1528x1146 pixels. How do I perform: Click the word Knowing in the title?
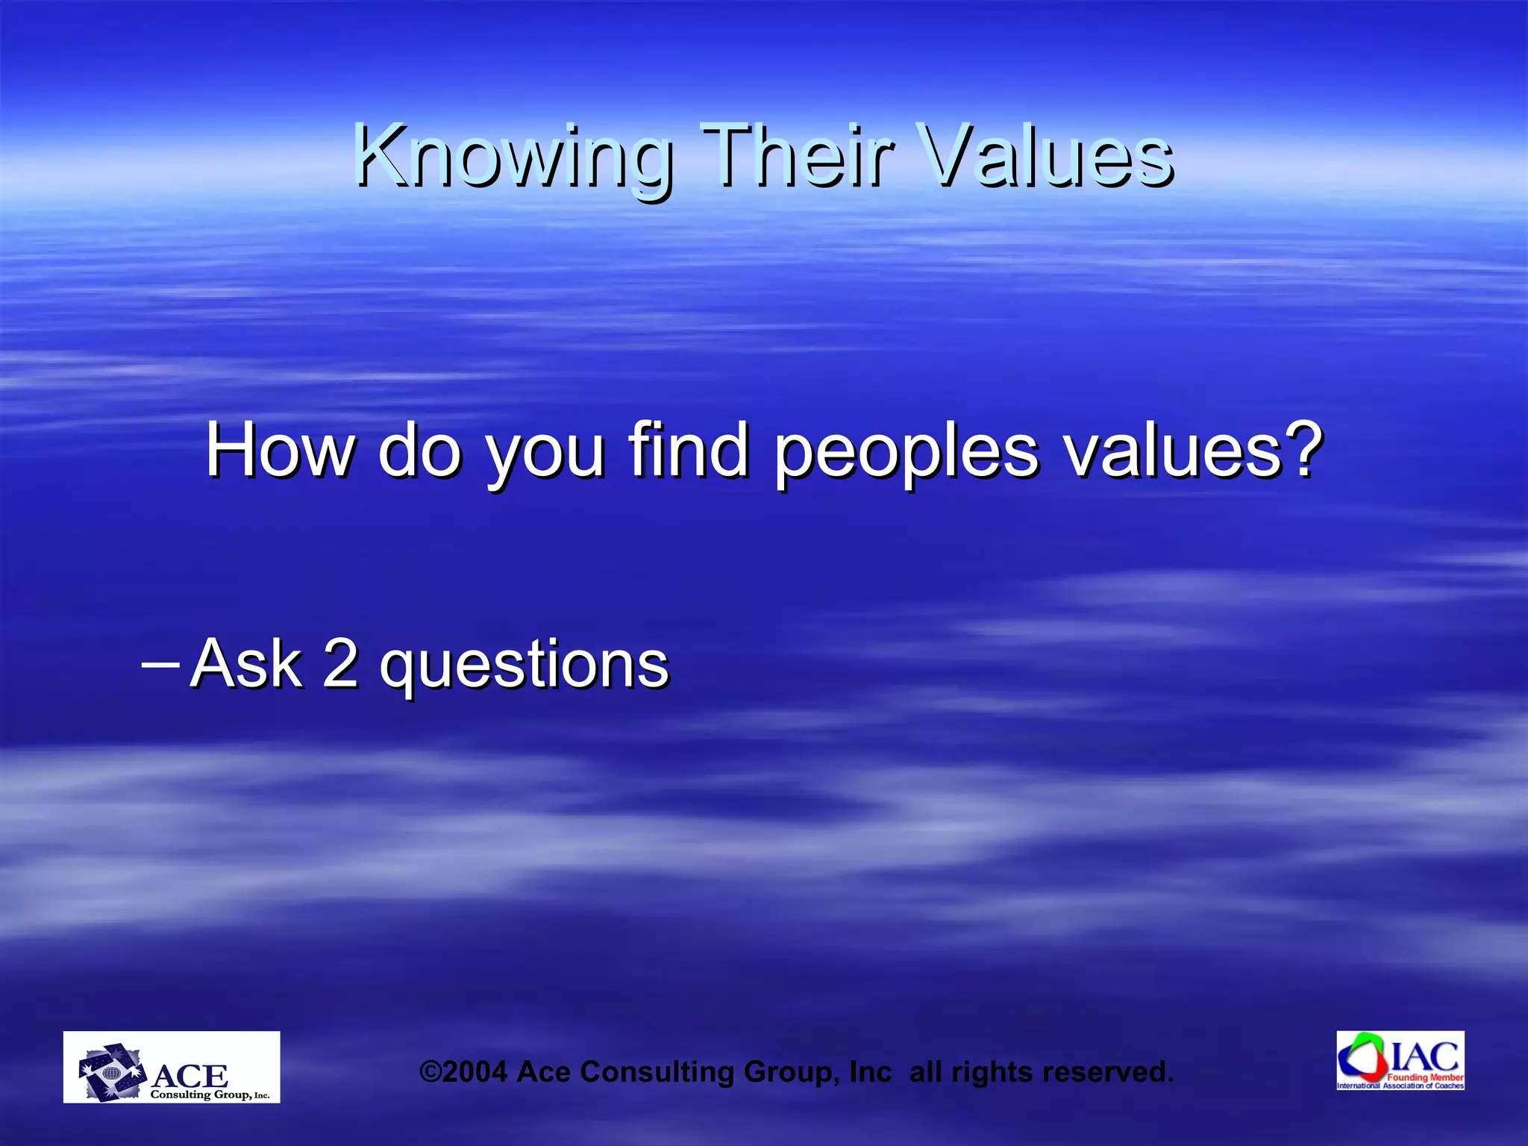[x=513, y=157]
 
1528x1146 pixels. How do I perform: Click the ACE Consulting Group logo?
[x=172, y=1067]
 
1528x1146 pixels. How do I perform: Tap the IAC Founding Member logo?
[x=1400, y=1060]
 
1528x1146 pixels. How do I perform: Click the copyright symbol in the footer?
[x=431, y=1072]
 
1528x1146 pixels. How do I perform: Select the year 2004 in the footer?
[x=475, y=1072]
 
